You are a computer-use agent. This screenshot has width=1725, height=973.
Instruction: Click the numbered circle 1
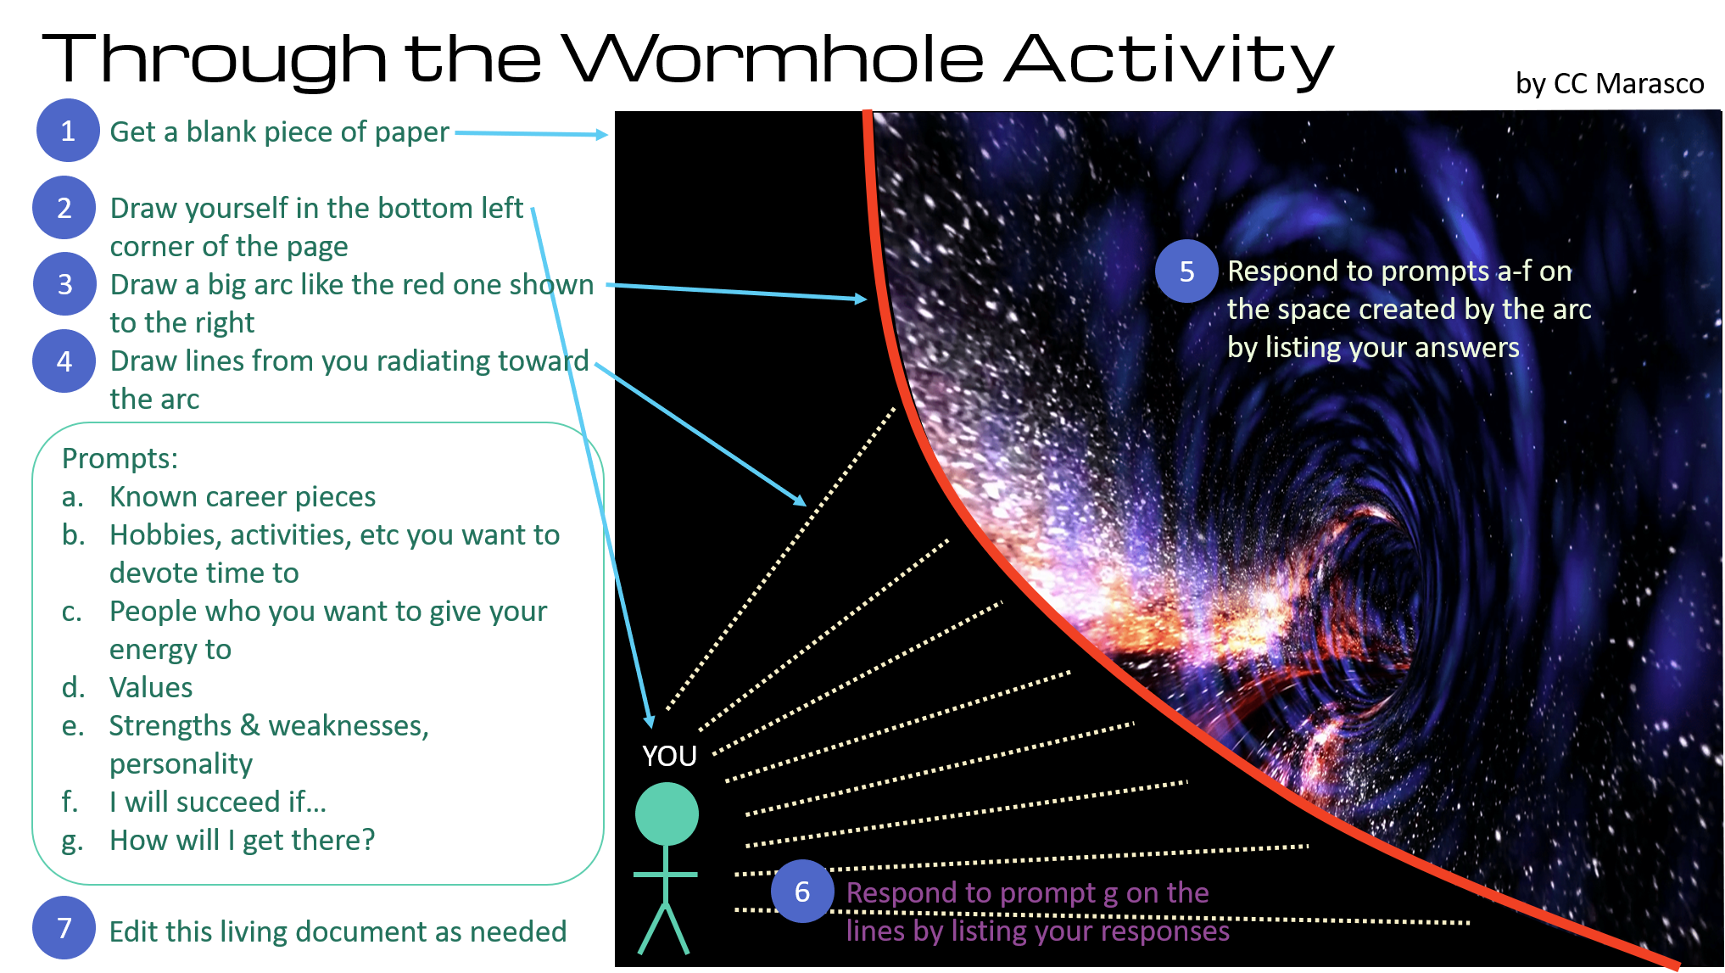coord(68,131)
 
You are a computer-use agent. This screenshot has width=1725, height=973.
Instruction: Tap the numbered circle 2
coord(64,208)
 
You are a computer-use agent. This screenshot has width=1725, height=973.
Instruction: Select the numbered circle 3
coord(64,284)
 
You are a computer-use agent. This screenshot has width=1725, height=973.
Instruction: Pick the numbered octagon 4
coord(64,362)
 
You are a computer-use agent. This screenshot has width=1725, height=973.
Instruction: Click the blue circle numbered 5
coord(1186,271)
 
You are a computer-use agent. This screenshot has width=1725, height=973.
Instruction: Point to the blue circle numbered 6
coord(801,892)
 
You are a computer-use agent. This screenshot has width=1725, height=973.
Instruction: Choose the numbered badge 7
coord(64,929)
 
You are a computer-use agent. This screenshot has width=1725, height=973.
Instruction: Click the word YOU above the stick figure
coord(669,756)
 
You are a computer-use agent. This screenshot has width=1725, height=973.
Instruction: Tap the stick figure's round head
coord(667,814)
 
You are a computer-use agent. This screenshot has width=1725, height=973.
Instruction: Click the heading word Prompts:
coord(120,459)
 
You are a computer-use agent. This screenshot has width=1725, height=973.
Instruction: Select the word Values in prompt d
coord(151,688)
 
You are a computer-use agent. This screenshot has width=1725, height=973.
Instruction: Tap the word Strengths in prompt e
coord(170,726)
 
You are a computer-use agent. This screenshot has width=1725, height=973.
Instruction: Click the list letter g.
coord(72,842)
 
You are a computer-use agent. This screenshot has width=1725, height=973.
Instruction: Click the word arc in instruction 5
coord(1571,310)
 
